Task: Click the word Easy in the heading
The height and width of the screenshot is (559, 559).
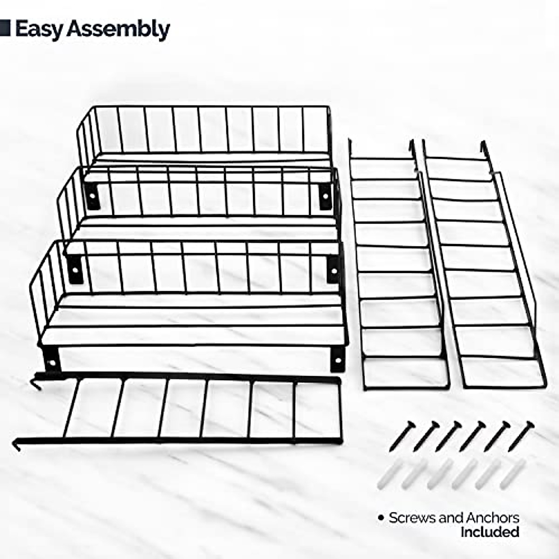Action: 39,29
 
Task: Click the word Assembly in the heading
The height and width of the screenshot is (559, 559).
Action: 118,30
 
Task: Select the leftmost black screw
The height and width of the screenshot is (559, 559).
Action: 401,436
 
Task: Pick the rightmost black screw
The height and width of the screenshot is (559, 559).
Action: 521,435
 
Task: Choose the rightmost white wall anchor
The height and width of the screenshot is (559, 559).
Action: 513,474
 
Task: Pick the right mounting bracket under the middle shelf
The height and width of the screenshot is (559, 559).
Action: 334,269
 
